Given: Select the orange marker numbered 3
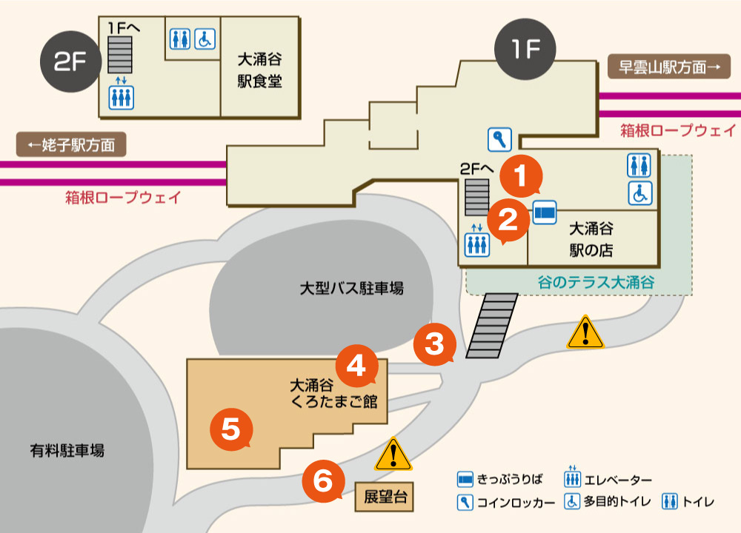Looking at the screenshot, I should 434,343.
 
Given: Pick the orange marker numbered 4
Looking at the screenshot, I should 356,366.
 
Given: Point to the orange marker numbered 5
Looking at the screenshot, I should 231,428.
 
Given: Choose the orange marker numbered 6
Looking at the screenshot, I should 323,480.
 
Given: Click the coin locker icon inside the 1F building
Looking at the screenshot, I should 499,138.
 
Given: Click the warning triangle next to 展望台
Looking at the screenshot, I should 393,455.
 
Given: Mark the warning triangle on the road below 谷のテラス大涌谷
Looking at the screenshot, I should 585,333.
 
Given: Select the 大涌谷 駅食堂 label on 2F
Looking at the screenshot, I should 259,70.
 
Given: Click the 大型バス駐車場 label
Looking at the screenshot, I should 352,289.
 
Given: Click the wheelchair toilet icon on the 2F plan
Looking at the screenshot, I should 204,38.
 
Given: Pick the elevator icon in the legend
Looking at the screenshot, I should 572,481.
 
